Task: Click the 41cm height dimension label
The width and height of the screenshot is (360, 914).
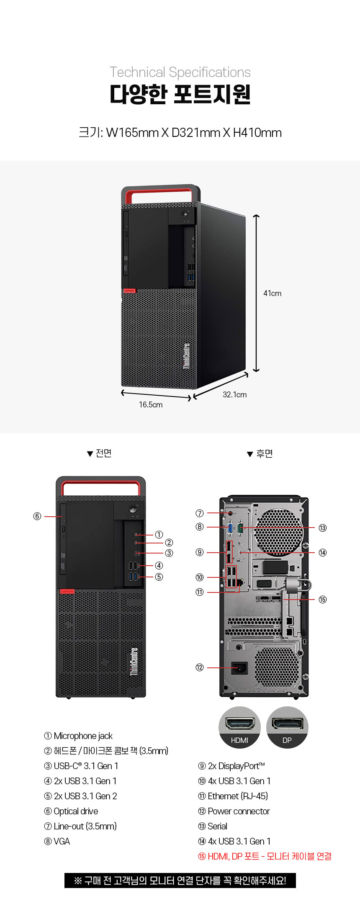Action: click(272, 294)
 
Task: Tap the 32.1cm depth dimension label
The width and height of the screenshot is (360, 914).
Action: click(234, 394)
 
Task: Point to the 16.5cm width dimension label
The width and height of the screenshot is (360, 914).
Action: click(151, 404)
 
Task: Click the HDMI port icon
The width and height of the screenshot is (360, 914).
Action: click(239, 727)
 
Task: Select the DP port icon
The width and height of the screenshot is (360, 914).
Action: click(287, 727)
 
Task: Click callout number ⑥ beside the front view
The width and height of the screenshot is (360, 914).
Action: click(37, 516)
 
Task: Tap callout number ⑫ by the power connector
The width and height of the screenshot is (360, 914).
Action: click(200, 667)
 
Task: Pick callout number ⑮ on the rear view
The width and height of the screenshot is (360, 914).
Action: click(322, 600)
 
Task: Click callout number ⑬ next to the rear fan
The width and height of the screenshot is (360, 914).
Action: click(322, 528)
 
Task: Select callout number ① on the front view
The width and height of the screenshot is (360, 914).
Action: click(159, 535)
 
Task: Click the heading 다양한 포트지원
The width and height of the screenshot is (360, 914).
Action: click(180, 94)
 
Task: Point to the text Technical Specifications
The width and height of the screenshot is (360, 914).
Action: click(180, 72)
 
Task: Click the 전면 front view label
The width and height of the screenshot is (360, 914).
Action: click(99, 453)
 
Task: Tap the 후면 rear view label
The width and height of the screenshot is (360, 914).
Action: click(260, 453)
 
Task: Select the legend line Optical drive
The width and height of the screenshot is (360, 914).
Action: click(71, 811)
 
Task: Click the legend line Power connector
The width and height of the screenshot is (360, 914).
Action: click(234, 811)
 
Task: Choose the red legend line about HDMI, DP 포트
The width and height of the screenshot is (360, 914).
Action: click(265, 856)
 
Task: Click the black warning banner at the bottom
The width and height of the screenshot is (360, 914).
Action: click(180, 881)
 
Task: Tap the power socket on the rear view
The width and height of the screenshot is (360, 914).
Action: click(239, 668)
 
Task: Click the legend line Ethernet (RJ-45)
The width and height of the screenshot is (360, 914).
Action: click(233, 796)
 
